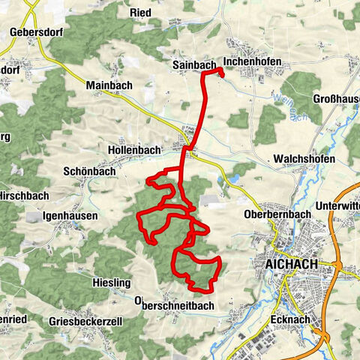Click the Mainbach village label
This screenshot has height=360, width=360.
(109, 85)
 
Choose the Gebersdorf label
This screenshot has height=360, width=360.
(35, 33)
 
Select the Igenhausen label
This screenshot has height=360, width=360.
(72, 214)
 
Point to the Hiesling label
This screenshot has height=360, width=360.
(111, 283)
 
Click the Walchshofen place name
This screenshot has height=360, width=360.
(302, 159)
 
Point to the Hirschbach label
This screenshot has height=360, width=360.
(23, 193)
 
